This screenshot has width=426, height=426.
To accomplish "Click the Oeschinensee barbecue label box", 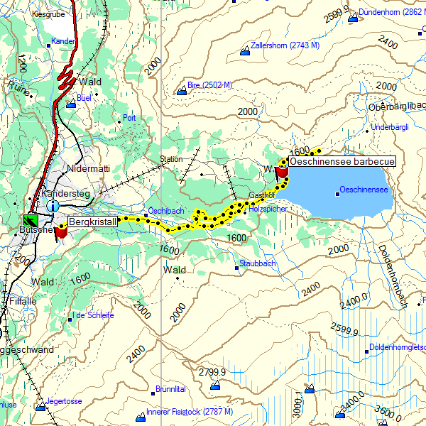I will tap(342, 162).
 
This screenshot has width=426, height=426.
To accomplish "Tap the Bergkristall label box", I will tap(92, 222).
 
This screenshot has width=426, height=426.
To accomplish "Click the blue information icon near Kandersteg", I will tap(53, 205).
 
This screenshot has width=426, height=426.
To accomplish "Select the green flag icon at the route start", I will tap(31, 220).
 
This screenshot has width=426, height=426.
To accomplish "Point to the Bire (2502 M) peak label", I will tap(210, 85).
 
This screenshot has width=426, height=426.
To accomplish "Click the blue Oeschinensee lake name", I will tap(364, 190).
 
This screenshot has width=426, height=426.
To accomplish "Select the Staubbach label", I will tap(257, 263).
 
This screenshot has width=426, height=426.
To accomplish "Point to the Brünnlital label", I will tap(170, 390).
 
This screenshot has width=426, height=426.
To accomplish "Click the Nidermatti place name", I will tap(89, 169).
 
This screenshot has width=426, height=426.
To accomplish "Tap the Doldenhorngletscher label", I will tap(398, 348).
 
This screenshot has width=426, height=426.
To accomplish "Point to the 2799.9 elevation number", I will tap(212, 372).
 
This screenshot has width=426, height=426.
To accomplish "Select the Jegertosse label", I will tap(64, 401).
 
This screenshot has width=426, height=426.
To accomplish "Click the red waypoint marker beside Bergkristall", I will tap(61, 231).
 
